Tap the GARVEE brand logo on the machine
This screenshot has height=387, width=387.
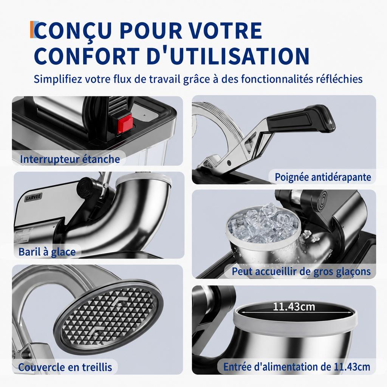(x=34, y=197)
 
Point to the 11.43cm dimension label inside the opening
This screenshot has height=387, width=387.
(x=294, y=307)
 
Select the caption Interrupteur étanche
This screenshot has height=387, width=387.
(x=70, y=159)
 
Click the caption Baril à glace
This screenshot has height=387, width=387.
(x=47, y=252)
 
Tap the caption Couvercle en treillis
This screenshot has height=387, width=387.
(x=65, y=367)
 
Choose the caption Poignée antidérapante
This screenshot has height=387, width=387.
(x=323, y=177)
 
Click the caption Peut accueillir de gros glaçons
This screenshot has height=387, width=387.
(x=301, y=271)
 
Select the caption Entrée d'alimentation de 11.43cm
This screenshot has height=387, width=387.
(x=297, y=367)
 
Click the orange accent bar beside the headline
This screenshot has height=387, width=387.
(x=32, y=29)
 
